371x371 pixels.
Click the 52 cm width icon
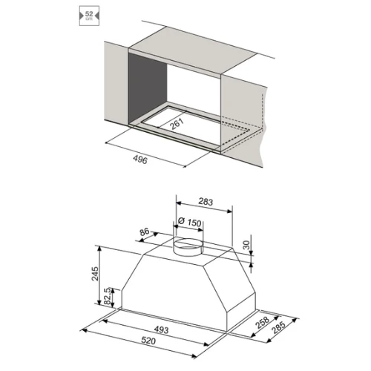tap(89, 16)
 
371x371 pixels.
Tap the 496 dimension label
tap(140, 160)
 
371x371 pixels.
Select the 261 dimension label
tap(177, 124)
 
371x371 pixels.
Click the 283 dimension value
tap(206, 202)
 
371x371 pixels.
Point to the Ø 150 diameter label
tap(190, 222)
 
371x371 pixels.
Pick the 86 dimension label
tap(145, 232)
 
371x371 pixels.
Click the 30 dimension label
tap(246, 245)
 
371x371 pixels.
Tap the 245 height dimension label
tap(95, 273)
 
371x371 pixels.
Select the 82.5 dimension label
tap(108, 297)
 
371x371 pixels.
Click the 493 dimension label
tap(161, 329)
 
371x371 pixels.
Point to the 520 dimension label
tap(148, 341)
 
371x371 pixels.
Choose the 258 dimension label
tap(263, 322)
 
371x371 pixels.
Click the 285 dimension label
tap(278, 327)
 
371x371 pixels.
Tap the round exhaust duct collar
tap(188, 247)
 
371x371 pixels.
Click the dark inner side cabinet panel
tap(148, 88)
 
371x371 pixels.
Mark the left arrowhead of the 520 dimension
tap(84, 330)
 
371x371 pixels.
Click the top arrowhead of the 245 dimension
tap(99, 249)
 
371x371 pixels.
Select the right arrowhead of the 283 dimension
tap(230, 211)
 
